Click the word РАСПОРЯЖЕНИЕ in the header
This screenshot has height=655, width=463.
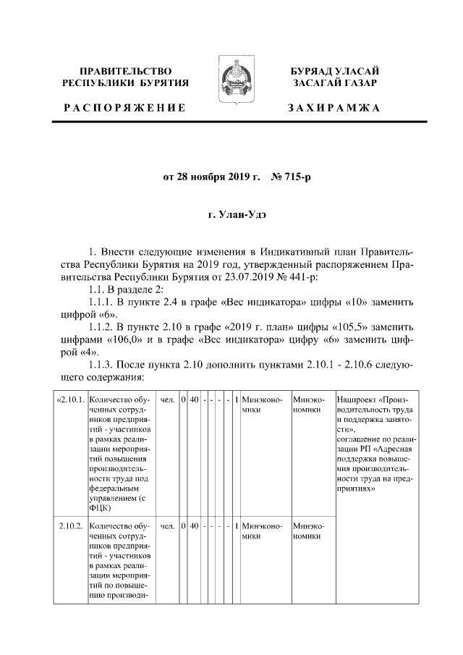(124, 108)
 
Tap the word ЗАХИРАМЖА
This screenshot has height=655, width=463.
(334, 108)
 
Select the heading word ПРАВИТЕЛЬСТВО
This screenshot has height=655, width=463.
(125, 71)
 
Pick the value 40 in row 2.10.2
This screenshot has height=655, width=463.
(194, 525)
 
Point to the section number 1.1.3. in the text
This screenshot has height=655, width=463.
(101, 365)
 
